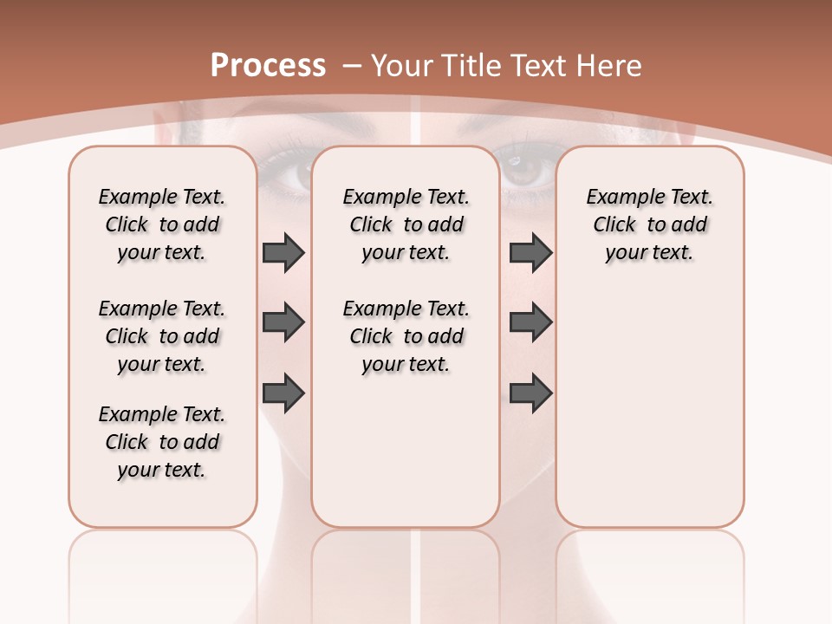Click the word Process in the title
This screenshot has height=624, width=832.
click(x=268, y=66)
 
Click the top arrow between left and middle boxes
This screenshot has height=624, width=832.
click(x=283, y=253)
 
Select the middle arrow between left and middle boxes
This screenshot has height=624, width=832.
click(x=283, y=323)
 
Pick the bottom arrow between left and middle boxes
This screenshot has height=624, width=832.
click(x=283, y=393)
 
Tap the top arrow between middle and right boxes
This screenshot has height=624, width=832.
click(x=530, y=253)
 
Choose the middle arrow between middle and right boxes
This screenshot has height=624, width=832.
click(x=530, y=323)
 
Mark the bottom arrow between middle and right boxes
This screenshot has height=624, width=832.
click(x=530, y=393)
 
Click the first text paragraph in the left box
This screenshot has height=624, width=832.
click(x=162, y=224)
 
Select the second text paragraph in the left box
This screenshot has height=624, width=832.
click(x=162, y=336)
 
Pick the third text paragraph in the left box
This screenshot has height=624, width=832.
click(x=162, y=442)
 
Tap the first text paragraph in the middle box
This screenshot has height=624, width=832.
click(x=406, y=224)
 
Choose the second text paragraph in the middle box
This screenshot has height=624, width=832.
click(x=406, y=336)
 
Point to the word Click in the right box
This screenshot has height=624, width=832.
click(x=614, y=225)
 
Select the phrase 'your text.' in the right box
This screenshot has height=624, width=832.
click(x=649, y=253)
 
